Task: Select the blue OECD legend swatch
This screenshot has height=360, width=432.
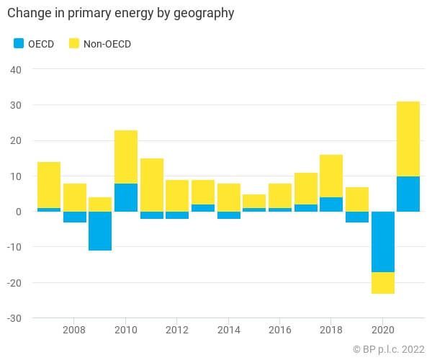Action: (x=20, y=43)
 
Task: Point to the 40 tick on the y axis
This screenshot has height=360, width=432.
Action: (x=16, y=70)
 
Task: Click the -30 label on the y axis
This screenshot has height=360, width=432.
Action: (x=14, y=318)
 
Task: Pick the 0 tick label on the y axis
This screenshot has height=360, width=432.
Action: (x=19, y=212)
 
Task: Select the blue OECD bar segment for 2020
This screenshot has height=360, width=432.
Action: (x=382, y=241)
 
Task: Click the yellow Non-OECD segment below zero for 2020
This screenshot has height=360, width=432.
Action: (x=382, y=283)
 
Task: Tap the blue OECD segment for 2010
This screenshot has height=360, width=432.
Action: (x=125, y=197)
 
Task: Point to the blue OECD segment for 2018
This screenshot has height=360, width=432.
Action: (x=331, y=204)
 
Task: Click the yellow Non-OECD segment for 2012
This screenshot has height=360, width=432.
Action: (x=177, y=195)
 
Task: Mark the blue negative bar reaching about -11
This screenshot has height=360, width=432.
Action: (x=100, y=231)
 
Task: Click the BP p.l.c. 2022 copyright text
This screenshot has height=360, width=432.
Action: (x=389, y=349)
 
